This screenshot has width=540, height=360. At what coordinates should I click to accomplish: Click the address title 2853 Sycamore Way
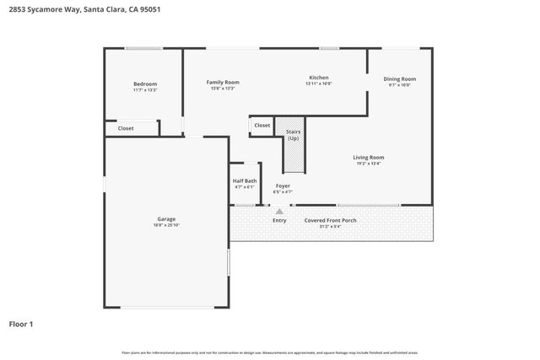[x=68, y=9]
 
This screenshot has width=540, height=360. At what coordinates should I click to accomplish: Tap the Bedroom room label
[x=145, y=83]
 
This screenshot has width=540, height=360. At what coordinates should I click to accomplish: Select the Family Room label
[x=224, y=82]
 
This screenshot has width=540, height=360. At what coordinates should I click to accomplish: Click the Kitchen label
[x=318, y=78]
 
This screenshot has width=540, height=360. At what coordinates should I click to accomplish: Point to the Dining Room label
[x=400, y=78]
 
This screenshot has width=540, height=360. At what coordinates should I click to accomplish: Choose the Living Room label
[x=369, y=158]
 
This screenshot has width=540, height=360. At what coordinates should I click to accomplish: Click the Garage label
[x=166, y=219]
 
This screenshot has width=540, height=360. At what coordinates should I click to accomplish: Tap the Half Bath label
[x=245, y=180]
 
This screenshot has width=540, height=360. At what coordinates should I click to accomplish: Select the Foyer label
[x=283, y=185]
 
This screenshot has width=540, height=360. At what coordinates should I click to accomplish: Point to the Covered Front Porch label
[x=331, y=221]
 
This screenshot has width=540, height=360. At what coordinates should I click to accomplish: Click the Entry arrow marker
[x=267, y=211]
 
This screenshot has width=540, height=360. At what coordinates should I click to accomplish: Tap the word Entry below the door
[x=279, y=221]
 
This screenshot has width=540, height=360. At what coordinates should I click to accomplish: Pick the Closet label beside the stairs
[x=262, y=126]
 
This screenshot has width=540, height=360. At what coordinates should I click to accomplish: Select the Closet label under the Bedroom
[x=126, y=128]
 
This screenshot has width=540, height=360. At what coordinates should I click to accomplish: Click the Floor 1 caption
[x=21, y=324]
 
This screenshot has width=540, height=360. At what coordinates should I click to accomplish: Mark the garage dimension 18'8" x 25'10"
[x=166, y=225]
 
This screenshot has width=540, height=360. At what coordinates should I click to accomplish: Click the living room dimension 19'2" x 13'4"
[x=369, y=164]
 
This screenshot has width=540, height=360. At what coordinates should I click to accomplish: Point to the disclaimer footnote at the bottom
[x=269, y=352]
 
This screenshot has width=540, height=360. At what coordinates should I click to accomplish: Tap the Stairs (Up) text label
[x=294, y=135]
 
